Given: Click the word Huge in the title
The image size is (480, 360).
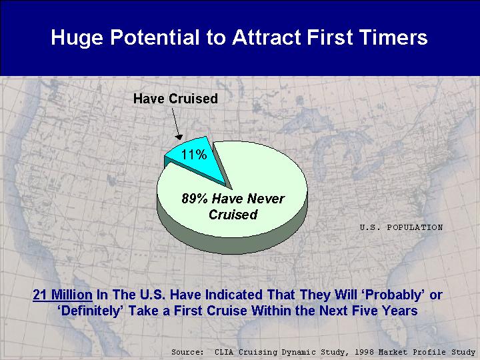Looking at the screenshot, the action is coord(77,38).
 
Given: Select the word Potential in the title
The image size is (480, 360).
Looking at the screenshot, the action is coord(155,37).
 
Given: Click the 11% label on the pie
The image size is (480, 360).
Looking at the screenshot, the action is coord(194,155).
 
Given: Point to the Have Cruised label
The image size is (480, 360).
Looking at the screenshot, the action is coord(175,99).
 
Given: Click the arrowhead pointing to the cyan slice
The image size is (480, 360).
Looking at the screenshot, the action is coord(179,137).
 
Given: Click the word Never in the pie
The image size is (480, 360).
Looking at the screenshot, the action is coord(266,199).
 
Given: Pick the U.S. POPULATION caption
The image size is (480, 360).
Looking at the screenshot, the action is coord(401,227).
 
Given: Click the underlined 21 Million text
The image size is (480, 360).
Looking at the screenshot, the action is coord(63,295).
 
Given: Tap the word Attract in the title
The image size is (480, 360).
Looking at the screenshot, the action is coord(266,37).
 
